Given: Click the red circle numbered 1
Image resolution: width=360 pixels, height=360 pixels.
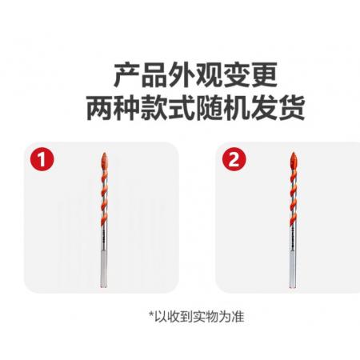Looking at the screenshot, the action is click(x=42, y=160).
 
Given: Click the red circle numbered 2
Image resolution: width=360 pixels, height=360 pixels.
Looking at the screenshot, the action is click(x=234, y=159).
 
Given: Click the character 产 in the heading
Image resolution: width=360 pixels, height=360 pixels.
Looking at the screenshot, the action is click(x=126, y=75).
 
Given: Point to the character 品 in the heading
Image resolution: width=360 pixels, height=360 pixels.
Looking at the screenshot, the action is click(x=154, y=75).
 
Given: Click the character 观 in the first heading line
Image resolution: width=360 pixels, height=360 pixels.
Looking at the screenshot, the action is click(x=209, y=75).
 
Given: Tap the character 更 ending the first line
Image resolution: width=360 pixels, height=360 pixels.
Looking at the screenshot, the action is click(x=264, y=75).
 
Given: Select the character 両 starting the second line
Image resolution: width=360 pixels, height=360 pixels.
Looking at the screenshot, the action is click(x=99, y=107).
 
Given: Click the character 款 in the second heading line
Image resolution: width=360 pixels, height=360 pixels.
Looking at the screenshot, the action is click(x=154, y=107).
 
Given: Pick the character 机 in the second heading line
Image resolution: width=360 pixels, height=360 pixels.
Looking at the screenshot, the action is click(x=236, y=107).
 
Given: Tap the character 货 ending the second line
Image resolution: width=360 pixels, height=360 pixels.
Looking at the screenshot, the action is click(x=291, y=107).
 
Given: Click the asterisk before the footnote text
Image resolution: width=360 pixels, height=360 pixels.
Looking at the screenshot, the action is click(x=151, y=314).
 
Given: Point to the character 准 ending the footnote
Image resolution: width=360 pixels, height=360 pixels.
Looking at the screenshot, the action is click(x=238, y=317).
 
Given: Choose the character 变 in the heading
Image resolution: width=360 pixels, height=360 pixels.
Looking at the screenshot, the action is click(x=236, y=75).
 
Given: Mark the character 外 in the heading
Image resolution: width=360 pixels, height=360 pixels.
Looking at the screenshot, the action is click(x=182, y=75).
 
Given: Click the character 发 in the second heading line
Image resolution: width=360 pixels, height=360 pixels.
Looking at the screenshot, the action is click(x=264, y=107).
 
